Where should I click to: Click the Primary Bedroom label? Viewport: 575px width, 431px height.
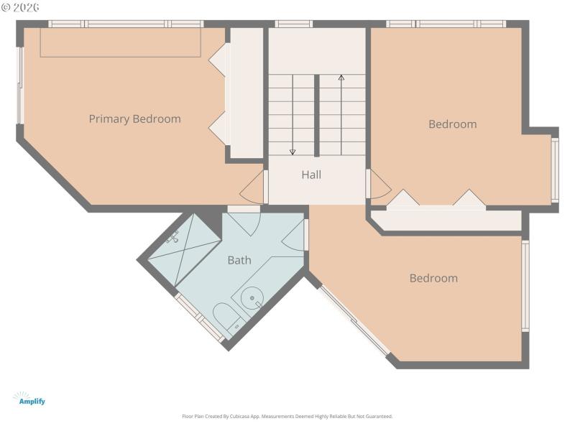[134, 119]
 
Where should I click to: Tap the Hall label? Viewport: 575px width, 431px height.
[311, 175]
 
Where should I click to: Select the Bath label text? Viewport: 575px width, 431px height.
[239, 260]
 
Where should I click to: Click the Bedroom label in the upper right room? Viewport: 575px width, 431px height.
[452, 124]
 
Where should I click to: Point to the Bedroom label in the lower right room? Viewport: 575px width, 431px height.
[433, 278]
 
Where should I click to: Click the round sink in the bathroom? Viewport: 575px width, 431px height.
[252, 297]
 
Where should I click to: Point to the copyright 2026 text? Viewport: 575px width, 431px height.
[21, 7]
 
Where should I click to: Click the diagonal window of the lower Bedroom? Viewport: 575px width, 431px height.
[354, 320]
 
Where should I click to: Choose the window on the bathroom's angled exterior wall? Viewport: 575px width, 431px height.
[200, 318]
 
